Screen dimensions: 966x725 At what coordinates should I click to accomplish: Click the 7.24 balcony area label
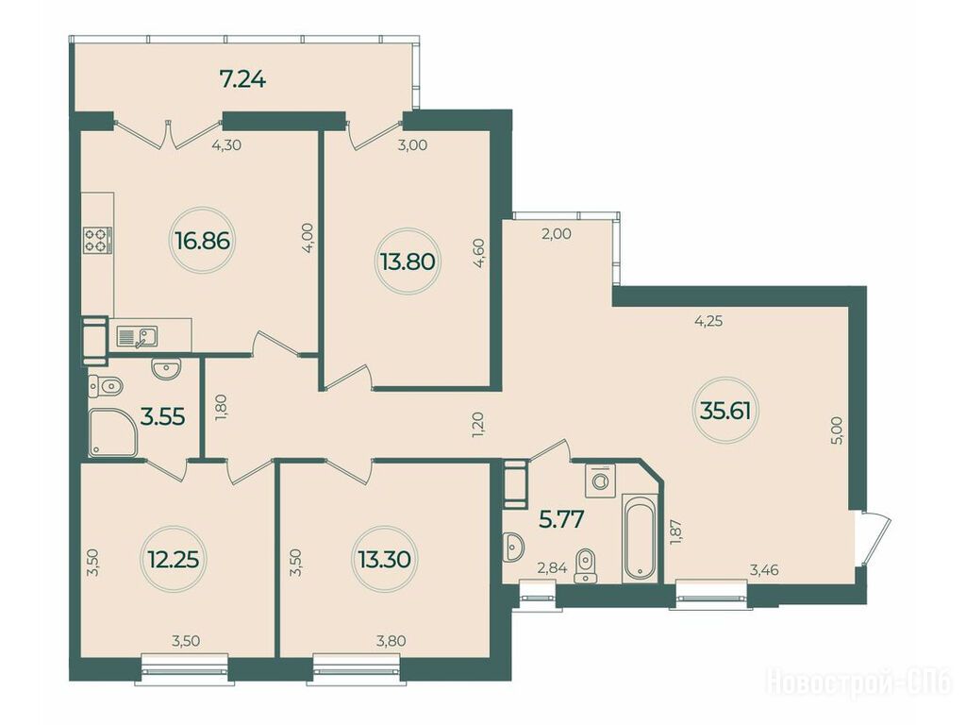242,79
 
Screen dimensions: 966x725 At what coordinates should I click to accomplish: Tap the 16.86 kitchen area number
203,241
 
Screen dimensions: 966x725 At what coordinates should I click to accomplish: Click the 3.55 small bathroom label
162,416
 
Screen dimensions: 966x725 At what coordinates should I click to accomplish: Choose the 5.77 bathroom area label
561,519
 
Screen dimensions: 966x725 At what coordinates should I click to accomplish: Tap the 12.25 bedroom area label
174,560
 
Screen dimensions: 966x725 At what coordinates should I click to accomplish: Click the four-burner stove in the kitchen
98,240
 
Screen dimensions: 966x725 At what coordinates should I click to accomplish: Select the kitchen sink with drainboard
138,337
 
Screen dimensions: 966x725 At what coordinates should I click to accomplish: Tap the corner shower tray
113,434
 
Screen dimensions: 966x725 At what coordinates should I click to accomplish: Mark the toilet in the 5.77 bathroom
585,565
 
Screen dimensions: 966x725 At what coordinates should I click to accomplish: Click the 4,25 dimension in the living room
708,321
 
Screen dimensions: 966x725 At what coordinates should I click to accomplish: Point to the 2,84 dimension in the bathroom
552,567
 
